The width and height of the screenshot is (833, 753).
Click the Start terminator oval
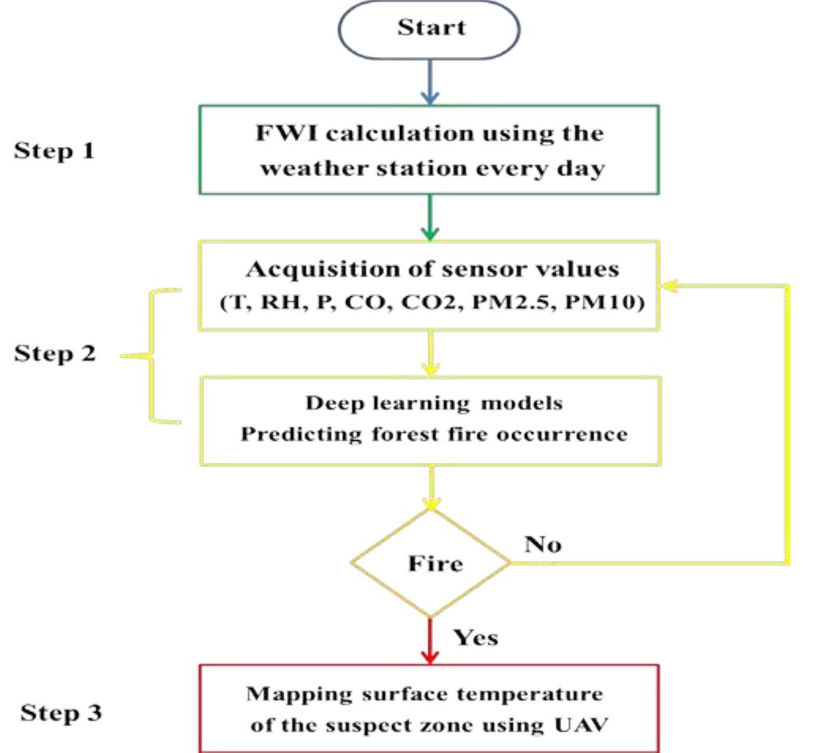tap(430, 31)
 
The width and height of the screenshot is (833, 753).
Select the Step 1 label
tap(54, 151)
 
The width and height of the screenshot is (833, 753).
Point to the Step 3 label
tap(60, 713)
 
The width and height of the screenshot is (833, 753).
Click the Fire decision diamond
tap(430, 563)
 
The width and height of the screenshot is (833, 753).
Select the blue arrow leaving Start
tap(430, 82)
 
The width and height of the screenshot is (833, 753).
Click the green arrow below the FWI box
tap(430, 216)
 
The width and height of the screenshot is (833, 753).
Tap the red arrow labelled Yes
tap(430, 640)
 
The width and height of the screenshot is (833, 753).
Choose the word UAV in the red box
tap(582, 725)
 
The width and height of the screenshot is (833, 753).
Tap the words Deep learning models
tap(434, 403)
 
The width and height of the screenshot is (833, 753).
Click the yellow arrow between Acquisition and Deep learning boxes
tap(430, 352)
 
